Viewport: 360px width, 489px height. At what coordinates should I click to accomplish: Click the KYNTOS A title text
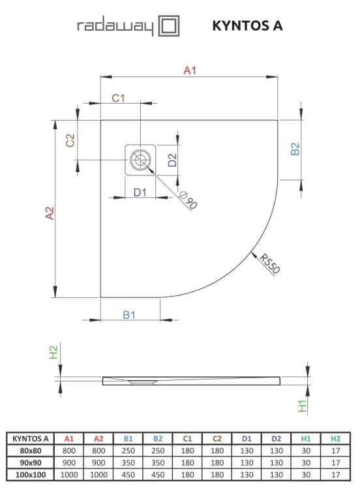[x=247, y=26]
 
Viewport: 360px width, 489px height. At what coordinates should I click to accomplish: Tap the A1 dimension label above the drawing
[x=190, y=70]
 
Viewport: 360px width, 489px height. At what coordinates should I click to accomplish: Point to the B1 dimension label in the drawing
[x=129, y=315]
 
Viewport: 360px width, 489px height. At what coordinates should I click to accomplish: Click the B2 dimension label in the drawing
[x=295, y=149]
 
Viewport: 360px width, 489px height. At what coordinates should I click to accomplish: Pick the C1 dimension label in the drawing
[x=118, y=98]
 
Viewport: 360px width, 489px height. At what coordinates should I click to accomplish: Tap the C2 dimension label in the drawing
[x=71, y=140]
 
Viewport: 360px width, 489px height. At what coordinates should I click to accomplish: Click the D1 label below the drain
[x=140, y=192]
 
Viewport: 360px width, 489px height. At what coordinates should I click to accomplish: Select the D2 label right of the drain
[x=172, y=160]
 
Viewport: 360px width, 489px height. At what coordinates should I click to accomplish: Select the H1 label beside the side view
[x=301, y=406]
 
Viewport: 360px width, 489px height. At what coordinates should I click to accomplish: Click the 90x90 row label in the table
[x=29, y=460]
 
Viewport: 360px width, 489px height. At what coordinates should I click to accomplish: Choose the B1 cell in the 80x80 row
[x=128, y=449]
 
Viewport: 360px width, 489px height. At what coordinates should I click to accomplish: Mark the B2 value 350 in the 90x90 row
[x=158, y=460]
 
